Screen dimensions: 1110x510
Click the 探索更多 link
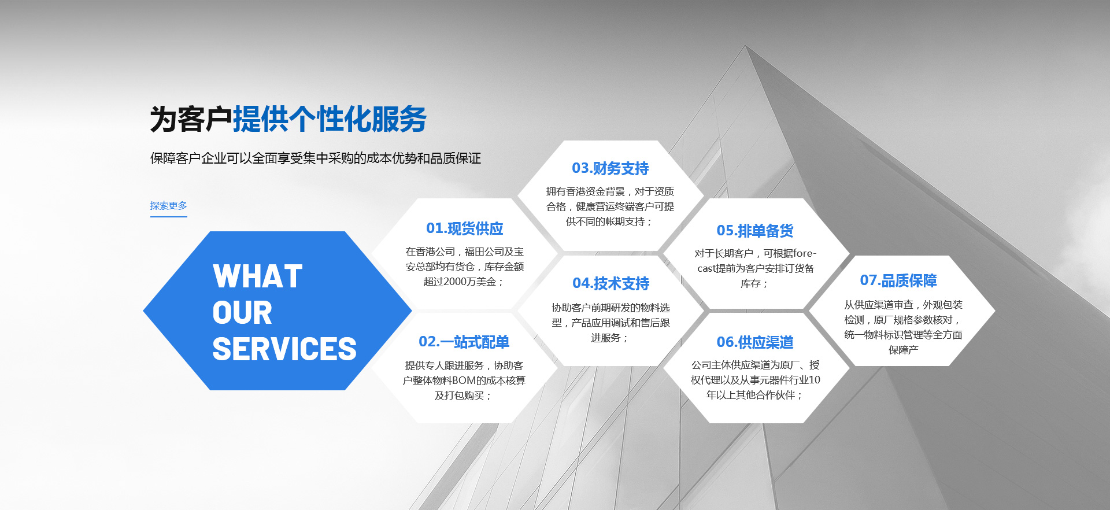[168, 206]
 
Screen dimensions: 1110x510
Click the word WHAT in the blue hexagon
[258, 276]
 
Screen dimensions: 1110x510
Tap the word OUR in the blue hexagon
[242, 313]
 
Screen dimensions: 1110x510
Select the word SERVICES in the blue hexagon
[284, 349]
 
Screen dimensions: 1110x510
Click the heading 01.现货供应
[465, 228]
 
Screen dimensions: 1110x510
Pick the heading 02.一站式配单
[464, 342]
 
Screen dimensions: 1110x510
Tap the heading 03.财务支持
[610, 168]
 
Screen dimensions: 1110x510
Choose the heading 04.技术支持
[611, 283]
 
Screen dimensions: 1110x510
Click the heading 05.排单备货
[755, 231]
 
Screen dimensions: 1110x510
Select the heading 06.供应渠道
[755, 342]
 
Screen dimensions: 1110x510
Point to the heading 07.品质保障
[898, 280]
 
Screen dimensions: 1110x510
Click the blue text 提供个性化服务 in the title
[330, 119]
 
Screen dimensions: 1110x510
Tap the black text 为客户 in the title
[191, 119]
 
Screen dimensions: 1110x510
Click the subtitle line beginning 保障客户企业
[316, 158]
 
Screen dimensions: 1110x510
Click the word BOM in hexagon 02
[464, 380]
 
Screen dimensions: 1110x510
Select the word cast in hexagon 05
[706, 268]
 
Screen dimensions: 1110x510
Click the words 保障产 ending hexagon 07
[904, 350]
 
